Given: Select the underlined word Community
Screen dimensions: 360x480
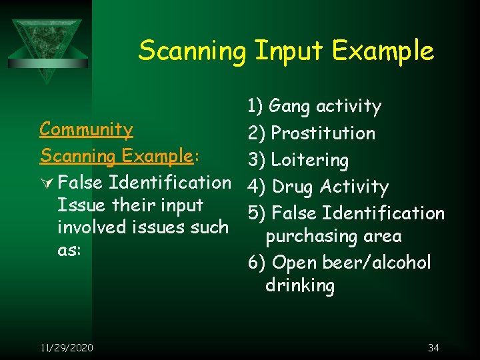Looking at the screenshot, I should point(86,129).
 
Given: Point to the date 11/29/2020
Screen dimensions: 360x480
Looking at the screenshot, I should point(67,347).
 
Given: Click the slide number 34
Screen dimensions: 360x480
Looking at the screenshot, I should point(433,347).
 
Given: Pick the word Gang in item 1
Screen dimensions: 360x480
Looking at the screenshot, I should point(290,107).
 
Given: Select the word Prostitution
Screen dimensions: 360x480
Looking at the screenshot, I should point(323,133).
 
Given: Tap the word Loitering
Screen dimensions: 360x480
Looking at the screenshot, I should point(309,160).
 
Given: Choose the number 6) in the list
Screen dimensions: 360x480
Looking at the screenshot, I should point(257,263).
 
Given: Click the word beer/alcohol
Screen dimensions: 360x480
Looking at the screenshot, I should point(377,263).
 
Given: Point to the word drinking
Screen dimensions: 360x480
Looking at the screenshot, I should point(299,285).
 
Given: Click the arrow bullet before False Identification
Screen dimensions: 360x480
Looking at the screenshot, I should point(46,182).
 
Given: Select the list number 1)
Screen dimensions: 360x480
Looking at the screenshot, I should point(257,107).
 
